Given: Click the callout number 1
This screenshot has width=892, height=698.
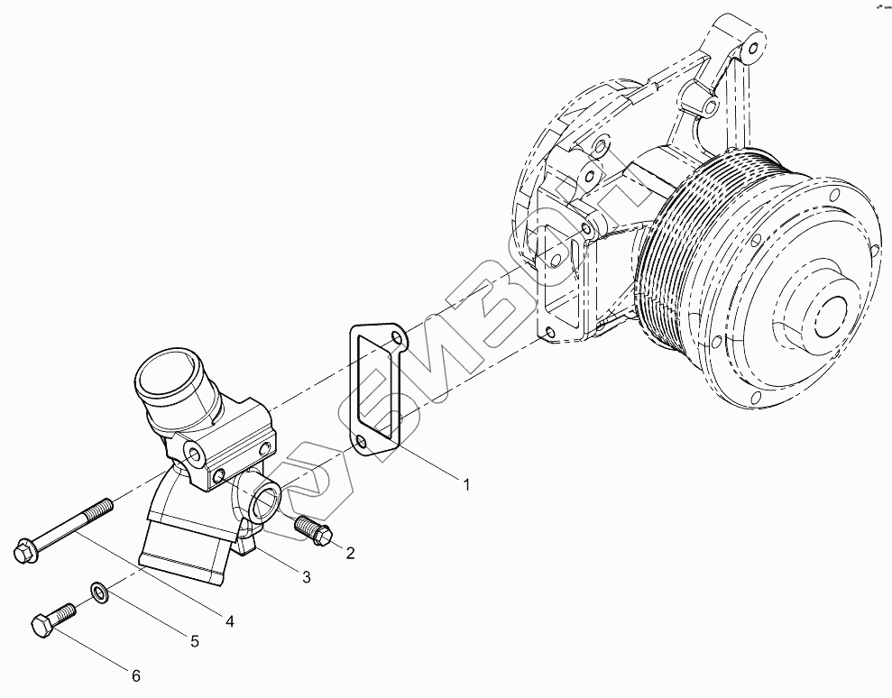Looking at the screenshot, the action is pyautogui.click(x=466, y=485).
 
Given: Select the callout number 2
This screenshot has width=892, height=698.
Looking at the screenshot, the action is pyautogui.click(x=350, y=553).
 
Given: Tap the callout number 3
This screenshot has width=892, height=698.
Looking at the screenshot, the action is pyautogui.click(x=306, y=576).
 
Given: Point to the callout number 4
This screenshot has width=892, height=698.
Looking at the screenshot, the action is pyautogui.click(x=230, y=621).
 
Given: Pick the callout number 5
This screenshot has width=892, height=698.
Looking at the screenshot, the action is pyautogui.click(x=193, y=642).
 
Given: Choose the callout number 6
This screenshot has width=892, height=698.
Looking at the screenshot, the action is pyautogui.click(x=136, y=675).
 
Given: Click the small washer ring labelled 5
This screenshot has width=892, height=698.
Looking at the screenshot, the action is pyautogui.click(x=97, y=592).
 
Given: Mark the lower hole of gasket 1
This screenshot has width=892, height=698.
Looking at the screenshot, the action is pyautogui.click(x=361, y=441).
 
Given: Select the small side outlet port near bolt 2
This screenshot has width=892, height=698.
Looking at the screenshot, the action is pyautogui.click(x=268, y=497).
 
